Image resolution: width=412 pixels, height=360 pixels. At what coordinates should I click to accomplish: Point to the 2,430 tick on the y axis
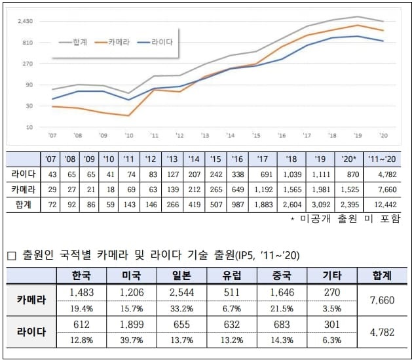(x=26, y=22)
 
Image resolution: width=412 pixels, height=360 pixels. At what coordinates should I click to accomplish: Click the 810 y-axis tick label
(x=28, y=43)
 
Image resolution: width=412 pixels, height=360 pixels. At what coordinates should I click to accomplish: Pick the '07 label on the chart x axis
(x=52, y=136)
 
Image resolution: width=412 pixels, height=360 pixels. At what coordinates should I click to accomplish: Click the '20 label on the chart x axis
(x=383, y=136)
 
